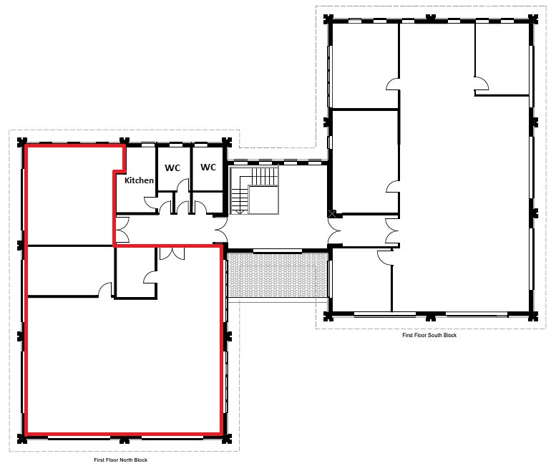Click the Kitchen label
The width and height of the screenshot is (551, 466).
click(x=139, y=180)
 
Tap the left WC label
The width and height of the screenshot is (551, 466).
click(x=172, y=168)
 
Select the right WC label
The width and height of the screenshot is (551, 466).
click(x=208, y=167)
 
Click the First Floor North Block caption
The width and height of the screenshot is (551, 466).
click(x=120, y=460)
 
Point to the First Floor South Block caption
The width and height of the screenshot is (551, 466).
click(x=429, y=335)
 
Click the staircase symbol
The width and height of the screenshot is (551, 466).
click(x=254, y=190)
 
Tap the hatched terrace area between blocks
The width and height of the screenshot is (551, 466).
click(x=278, y=274)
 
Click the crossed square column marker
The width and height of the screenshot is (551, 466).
click(x=332, y=213)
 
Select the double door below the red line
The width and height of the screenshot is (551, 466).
click(x=172, y=253)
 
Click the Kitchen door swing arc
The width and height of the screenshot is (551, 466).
click(x=150, y=202)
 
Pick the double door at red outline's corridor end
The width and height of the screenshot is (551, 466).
click(x=122, y=230)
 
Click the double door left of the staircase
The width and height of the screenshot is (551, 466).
click(x=221, y=230)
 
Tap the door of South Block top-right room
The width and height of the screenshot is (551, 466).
click(x=482, y=83)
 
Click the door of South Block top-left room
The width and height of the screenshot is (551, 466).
click(x=393, y=84)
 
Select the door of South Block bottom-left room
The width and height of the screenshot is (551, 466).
click(x=385, y=256)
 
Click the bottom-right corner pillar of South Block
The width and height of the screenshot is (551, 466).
click(x=532, y=316)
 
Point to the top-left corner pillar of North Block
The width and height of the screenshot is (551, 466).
click(x=22, y=142)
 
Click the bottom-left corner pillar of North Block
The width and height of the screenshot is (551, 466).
click(x=22, y=438)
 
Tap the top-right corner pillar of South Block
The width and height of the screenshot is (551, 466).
click(x=532, y=19)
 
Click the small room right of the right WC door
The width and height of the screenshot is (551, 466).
click(x=215, y=203)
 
